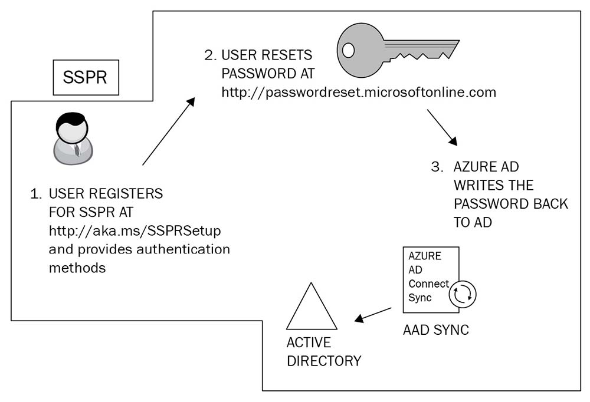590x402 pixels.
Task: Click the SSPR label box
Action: (x=86, y=78)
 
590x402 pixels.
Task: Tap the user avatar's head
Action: (x=72, y=126)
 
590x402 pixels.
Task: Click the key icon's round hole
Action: (x=349, y=51)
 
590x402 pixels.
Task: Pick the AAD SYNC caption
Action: (x=435, y=330)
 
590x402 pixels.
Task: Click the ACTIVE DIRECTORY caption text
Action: (x=323, y=351)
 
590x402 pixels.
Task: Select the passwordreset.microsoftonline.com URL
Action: (x=359, y=93)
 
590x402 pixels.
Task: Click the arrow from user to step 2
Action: (x=168, y=131)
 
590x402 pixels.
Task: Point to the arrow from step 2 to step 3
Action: (x=442, y=126)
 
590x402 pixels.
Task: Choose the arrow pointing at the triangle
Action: (x=373, y=315)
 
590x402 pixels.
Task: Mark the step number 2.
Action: (x=209, y=55)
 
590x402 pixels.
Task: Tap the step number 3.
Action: (x=436, y=167)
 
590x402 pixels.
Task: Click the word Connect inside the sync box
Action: (x=428, y=284)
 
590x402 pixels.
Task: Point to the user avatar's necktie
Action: (x=77, y=149)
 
